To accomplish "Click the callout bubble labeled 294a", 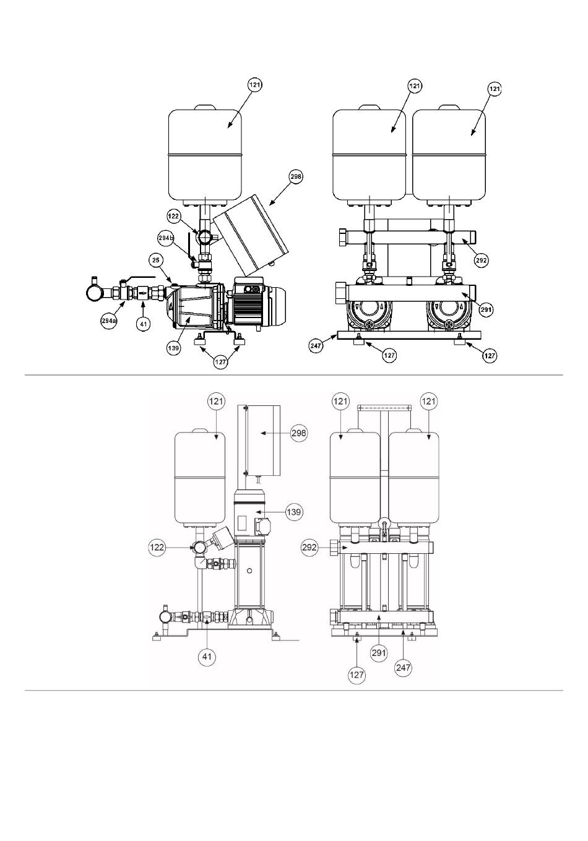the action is (108, 321).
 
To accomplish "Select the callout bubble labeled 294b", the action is (165, 238).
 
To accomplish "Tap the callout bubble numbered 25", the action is (156, 260).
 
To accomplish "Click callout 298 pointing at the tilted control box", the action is (296, 177).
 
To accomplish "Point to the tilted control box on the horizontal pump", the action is (250, 235).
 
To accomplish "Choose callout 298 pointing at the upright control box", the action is (299, 433).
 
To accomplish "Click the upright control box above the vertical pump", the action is (262, 440).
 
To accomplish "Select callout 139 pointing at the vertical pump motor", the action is (293, 512).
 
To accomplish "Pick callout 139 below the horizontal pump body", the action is (173, 348).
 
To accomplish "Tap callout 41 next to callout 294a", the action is (143, 324).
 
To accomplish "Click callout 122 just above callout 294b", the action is (174, 216).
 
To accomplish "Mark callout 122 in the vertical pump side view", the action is (157, 548).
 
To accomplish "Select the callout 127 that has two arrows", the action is (220, 362).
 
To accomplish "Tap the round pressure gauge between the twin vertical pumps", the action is (384, 524).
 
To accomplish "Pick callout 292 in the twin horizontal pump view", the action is (482, 260).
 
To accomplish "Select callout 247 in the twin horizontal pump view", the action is (316, 345).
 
